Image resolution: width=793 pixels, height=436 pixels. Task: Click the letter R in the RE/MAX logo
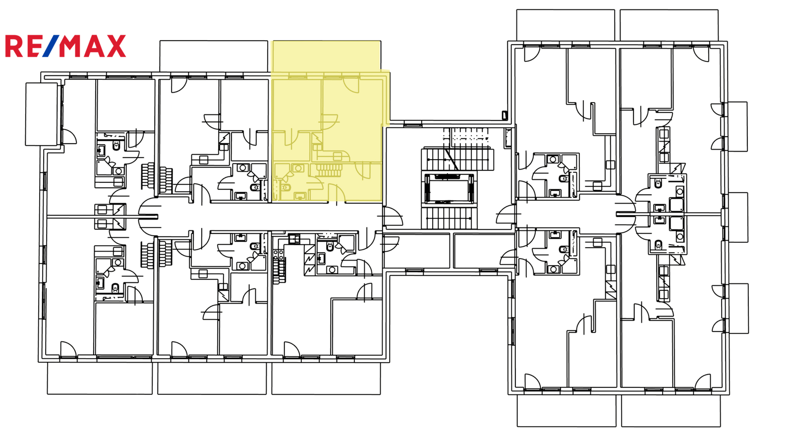point(13,46)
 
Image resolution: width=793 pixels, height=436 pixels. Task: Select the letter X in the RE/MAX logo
point(116,46)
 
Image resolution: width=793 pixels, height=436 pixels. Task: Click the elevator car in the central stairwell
point(449,189)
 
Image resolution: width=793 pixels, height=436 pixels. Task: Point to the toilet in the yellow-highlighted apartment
point(285,186)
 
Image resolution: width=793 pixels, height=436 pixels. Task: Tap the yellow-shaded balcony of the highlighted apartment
point(326,56)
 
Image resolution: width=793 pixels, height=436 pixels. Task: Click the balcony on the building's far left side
point(42,114)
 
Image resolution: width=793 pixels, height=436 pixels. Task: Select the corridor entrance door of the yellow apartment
point(337,193)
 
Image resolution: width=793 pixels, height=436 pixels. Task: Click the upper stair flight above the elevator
point(457,160)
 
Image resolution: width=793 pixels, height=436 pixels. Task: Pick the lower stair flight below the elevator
point(449,218)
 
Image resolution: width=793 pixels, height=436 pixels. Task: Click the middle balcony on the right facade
point(737,218)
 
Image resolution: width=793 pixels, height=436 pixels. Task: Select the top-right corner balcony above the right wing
point(669,25)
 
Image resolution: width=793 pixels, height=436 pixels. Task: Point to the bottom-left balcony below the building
point(100,379)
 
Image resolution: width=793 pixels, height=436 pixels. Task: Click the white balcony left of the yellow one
point(214,56)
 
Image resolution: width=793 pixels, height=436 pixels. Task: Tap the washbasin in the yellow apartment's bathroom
point(300,195)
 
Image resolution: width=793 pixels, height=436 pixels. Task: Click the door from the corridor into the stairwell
point(392,217)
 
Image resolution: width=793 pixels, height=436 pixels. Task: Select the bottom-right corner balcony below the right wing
point(671,411)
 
